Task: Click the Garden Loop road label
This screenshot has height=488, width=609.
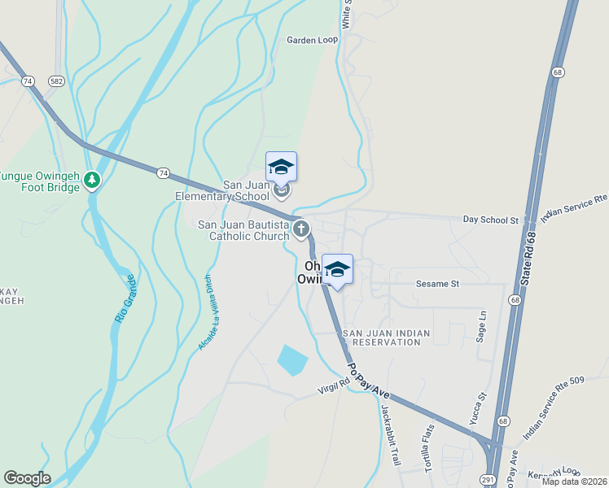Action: coord(312,40)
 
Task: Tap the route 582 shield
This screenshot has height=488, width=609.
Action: coord(55,81)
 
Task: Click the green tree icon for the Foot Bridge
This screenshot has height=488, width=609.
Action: coord(93,179)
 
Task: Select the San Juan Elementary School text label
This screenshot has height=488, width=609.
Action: coord(222,190)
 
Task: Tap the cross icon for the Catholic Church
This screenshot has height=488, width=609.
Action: coord(301,229)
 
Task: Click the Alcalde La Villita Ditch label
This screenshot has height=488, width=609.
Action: coord(208,312)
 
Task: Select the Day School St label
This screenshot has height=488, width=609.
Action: coord(490,220)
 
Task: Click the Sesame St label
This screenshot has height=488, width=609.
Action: coord(439,284)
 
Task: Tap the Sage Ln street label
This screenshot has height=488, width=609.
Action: coord(482,325)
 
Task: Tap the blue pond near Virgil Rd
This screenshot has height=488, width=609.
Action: coord(292,359)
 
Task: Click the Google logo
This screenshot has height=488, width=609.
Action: coord(27,478)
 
